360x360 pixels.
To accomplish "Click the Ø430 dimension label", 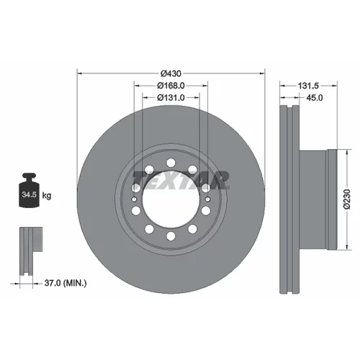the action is click(x=171, y=73).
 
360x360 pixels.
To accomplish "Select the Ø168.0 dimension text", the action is click(x=171, y=86).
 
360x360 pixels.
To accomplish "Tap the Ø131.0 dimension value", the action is click(x=171, y=98).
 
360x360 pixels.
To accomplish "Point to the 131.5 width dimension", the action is click(x=308, y=86).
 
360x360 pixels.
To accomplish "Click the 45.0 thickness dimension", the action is click(x=315, y=98).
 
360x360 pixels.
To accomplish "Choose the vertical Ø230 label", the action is click(x=347, y=199).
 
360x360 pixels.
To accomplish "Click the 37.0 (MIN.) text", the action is click(x=66, y=283).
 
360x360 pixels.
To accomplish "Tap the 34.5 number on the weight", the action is click(x=29, y=194).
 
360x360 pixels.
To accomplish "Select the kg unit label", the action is click(x=47, y=196).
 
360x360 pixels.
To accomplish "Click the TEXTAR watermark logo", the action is click(x=181, y=179).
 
